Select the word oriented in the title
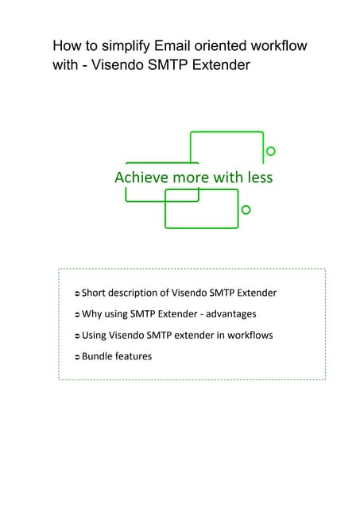pos(225,45)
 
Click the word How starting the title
pos(67,45)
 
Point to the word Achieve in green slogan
pos(141,177)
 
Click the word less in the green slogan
pos(258,177)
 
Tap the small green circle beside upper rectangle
pos(271,151)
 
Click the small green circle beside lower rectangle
pos(246,209)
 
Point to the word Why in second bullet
pos(91,314)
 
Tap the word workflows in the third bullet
pos(249,335)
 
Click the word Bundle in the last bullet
pos(98,356)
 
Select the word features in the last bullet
pos(134,356)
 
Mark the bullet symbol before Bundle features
pos(76,357)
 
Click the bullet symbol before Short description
pos(76,293)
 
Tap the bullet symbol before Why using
pos(76,315)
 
